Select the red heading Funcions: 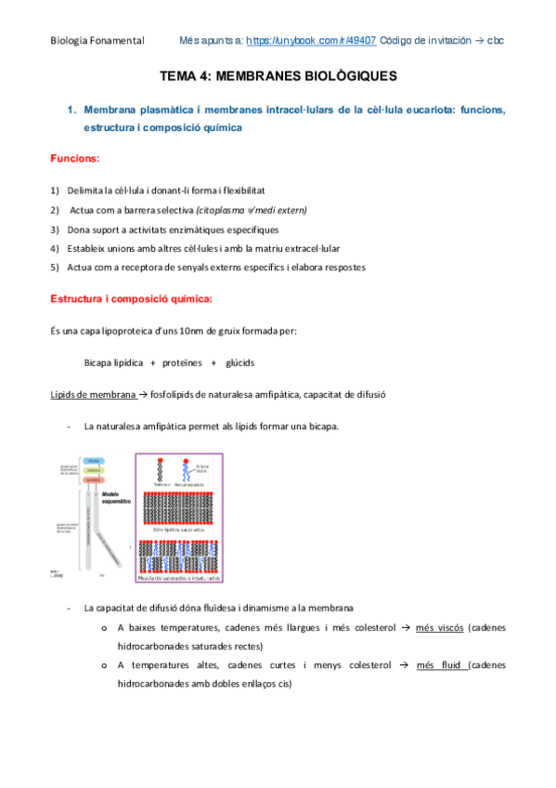click(x=74, y=160)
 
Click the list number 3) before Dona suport click(x=55, y=229)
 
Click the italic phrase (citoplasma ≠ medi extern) click(x=251, y=210)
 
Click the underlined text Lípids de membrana click(x=92, y=394)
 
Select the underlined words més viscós click(x=438, y=628)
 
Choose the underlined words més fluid click(x=441, y=665)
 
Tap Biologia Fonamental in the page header click(x=97, y=42)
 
